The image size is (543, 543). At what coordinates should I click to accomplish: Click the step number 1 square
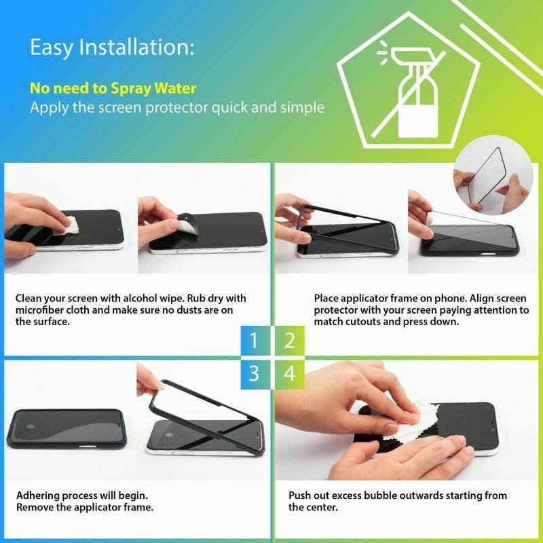click(255, 341)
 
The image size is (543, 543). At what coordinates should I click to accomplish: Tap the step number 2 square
click(290, 341)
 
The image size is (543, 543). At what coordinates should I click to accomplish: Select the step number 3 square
click(255, 375)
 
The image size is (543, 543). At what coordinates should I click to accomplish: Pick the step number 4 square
click(290, 375)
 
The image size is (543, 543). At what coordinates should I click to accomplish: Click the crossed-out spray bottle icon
click(412, 93)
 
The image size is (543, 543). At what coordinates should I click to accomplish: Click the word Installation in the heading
click(137, 47)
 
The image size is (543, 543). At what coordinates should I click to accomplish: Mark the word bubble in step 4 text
click(378, 495)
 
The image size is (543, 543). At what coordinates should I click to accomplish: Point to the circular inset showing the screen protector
click(493, 175)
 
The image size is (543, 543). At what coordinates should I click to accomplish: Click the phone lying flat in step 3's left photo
click(67, 428)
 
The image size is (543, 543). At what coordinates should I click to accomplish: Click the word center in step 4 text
click(321, 507)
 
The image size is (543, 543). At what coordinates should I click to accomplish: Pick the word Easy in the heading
click(52, 48)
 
